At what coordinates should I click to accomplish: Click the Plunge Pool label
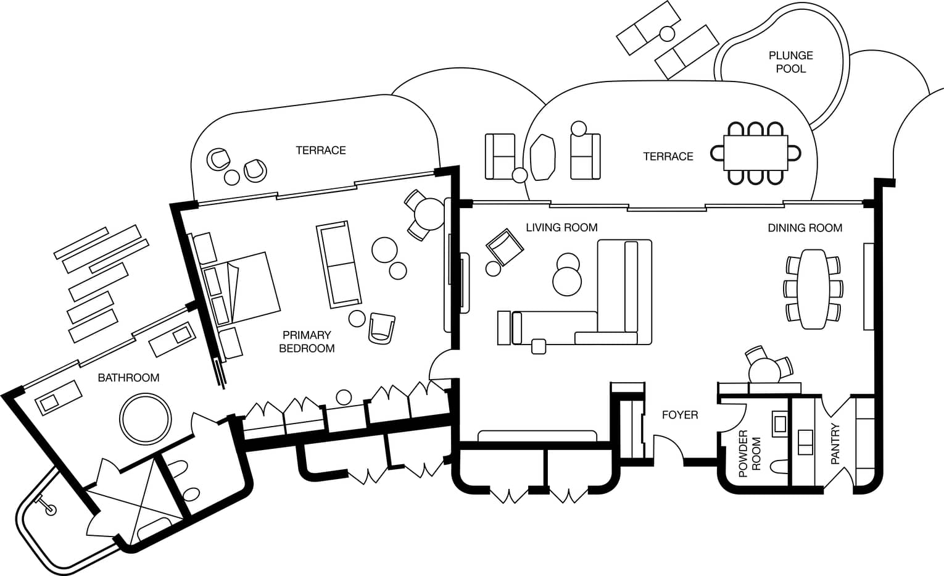tap(790, 62)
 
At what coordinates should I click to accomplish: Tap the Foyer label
tap(679, 415)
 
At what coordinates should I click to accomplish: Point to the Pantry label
tap(835, 443)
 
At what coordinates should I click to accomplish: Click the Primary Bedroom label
tap(307, 341)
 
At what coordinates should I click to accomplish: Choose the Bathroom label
tap(128, 377)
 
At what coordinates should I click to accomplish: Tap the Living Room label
tap(561, 227)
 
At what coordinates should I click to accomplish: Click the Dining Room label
tap(805, 228)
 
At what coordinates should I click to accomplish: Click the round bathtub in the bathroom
tap(146, 419)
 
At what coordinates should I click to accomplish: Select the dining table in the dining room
tap(814, 288)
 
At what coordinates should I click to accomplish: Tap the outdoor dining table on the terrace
tap(755, 153)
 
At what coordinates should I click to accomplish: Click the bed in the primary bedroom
tap(247, 289)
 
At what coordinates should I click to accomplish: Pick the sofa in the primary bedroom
tap(339, 264)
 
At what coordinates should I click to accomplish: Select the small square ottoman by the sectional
tap(538, 346)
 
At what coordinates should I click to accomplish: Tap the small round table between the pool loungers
tap(666, 33)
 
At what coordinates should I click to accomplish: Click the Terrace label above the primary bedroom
tap(320, 150)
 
